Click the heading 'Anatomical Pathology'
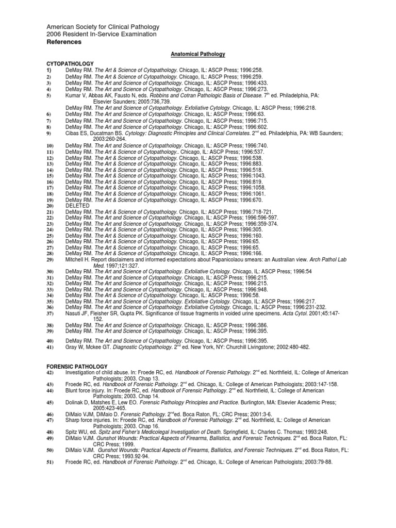click(x=197, y=54)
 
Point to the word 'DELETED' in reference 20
click(x=77, y=205)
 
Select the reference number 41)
click(x=50, y=347)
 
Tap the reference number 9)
click(x=49, y=133)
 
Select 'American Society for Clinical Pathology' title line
click(x=103, y=27)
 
